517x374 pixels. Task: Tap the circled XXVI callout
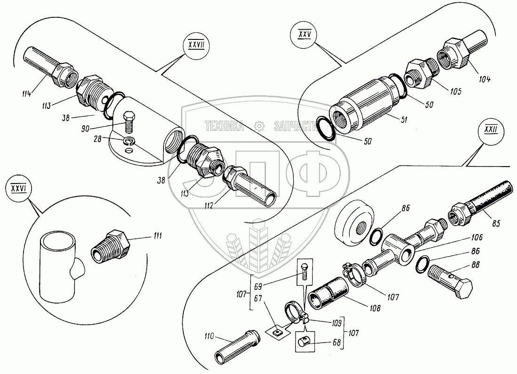(17, 189)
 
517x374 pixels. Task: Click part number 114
(26, 93)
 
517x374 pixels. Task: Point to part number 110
(209, 336)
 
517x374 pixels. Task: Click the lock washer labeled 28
(129, 141)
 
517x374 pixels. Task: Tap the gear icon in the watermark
(258, 126)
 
